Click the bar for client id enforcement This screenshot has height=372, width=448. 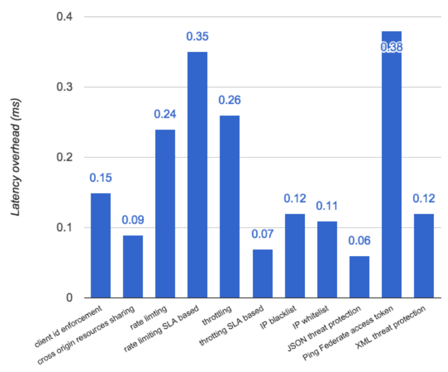100,245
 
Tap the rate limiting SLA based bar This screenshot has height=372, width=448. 197,175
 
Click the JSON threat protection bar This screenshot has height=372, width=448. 359,277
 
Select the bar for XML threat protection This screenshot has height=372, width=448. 424,255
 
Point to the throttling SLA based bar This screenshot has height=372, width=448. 262,273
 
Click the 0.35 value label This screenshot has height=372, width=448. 197,37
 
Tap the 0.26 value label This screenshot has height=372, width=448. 230,101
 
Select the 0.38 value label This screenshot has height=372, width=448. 391,47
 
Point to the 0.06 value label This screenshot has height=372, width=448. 359,241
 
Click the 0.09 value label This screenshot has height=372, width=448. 133,221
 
